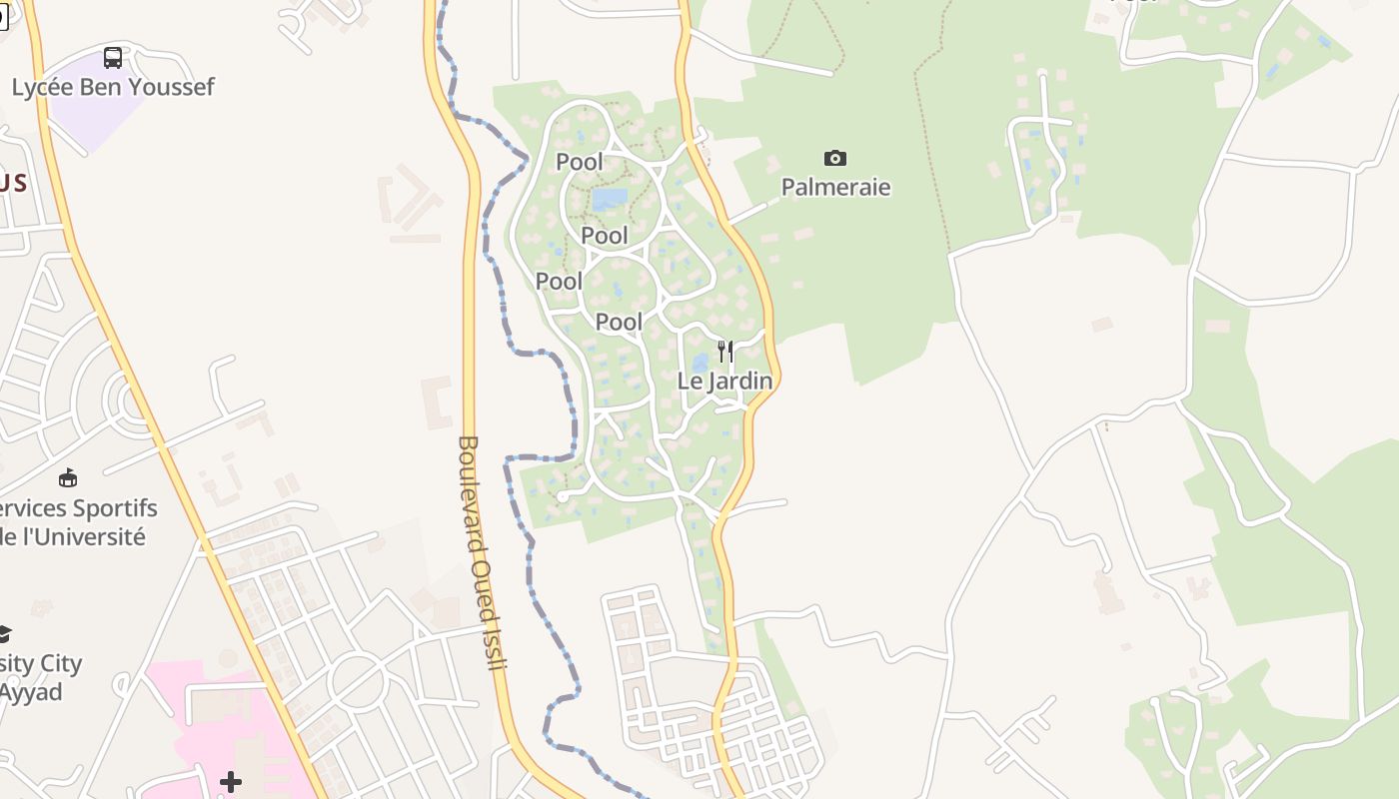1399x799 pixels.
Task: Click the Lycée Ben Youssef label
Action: click(x=113, y=87)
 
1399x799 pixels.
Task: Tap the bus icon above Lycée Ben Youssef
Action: click(x=113, y=58)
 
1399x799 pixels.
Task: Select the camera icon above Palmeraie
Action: click(x=835, y=158)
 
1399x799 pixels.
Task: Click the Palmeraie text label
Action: click(x=835, y=187)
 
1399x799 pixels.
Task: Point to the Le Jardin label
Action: click(x=724, y=381)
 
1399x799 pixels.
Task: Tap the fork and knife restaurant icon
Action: click(x=725, y=352)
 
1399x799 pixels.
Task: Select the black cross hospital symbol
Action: click(x=231, y=781)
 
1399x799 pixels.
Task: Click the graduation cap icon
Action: click(x=4, y=634)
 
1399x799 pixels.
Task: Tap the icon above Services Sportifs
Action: click(x=68, y=478)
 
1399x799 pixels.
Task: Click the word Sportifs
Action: click(x=109, y=507)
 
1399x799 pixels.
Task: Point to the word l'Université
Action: click(x=82, y=536)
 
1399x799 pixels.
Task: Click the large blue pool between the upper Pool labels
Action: click(x=610, y=199)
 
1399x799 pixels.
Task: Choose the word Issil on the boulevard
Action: click(x=493, y=644)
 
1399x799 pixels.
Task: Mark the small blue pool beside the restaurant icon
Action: click(x=699, y=362)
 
